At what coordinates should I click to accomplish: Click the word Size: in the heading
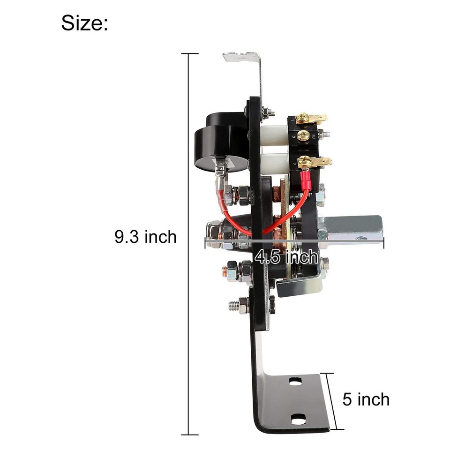pyautogui.click(x=84, y=22)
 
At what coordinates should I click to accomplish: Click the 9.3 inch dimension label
pyautogui.click(x=146, y=237)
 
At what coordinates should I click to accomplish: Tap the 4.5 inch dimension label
pyautogui.click(x=286, y=256)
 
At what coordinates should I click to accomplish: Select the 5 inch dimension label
pyautogui.click(x=366, y=400)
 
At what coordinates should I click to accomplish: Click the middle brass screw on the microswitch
pyautogui.click(x=303, y=135)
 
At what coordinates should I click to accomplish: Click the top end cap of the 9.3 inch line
pyautogui.click(x=189, y=54)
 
